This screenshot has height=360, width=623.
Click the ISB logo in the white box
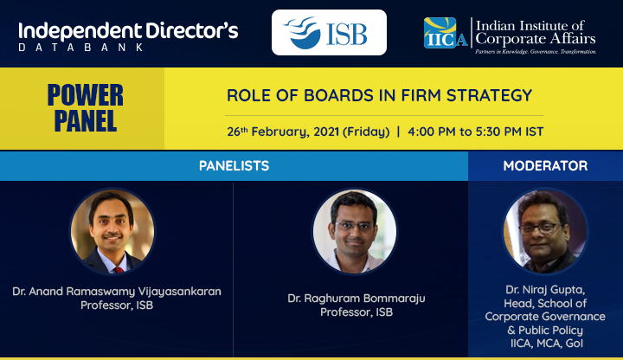pyautogui.click(x=325, y=33)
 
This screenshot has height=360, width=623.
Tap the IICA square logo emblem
pyautogui.click(x=440, y=33)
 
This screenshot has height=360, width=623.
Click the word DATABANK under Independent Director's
pyautogui.click(x=81, y=48)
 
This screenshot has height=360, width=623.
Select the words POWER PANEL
pyautogui.click(x=86, y=107)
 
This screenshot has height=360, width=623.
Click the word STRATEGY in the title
pyautogui.click(x=489, y=95)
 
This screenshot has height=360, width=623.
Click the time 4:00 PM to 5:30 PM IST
pyautogui.click(x=475, y=132)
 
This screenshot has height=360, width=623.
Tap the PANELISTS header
pyautogui.click(x=234, y=165)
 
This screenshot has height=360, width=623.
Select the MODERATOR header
pyautogui.click(x=545, y=165)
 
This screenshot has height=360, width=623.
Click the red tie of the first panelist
pyautogui.click(x=119, y=270)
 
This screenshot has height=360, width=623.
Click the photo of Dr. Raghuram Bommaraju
pyautogui.click(x=355, y=232)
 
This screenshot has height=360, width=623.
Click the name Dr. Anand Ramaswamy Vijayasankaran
pyautogui.click(x=117, y=292)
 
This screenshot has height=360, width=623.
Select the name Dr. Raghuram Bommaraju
pyautogui.click(x=356, y=299)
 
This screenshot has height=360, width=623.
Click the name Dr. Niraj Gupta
pyautogui.click(x=545, y=290)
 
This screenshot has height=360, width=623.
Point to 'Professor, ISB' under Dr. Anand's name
pyautogui.click(x=117, y=305)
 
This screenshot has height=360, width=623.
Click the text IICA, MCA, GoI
pyautogui.click(x=547, y=344)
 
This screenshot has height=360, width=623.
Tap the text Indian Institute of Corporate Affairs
pyautogui.click(x=536, y=32)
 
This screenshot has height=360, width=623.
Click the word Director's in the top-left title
pyautogui.click(x=191, y=31)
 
